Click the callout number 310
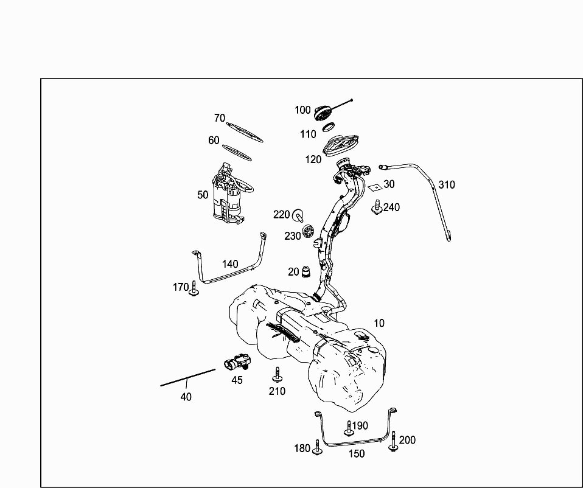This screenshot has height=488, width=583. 447,184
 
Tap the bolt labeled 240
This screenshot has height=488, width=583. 376,207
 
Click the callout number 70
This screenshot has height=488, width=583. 220,118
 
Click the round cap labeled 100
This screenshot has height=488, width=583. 323,112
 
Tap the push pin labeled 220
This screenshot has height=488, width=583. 299,215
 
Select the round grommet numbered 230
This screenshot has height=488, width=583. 309,232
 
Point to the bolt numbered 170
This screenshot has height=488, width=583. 194,289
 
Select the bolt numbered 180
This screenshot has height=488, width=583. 317,448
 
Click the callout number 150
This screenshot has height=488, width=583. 357,454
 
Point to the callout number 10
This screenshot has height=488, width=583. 379,323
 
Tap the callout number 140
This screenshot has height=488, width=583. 230,264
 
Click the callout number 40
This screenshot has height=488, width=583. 186,397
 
